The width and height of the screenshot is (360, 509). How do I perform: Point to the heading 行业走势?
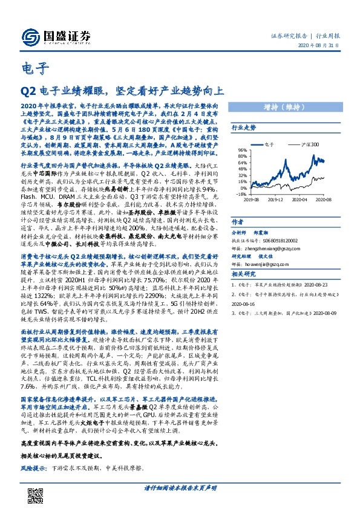[244, 128]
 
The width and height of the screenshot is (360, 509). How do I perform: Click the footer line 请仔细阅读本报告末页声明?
[180, 488]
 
